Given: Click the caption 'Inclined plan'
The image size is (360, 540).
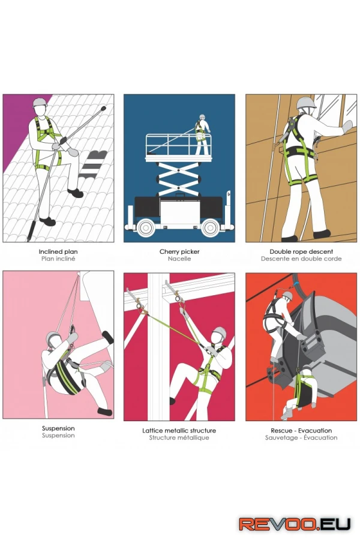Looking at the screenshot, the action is [58, 252].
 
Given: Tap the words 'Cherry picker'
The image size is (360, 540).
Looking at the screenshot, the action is [179, 252].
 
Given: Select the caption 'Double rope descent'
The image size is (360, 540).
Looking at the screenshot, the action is [301, 252].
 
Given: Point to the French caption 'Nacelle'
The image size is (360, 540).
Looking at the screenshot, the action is [179, 259].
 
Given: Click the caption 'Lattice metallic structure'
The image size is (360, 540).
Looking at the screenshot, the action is [179, 430].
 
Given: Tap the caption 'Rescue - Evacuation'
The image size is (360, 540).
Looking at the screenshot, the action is [301, 430].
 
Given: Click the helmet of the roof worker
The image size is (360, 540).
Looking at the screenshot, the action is [40, 102].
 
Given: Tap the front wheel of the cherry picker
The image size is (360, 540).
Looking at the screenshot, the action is [210, 227].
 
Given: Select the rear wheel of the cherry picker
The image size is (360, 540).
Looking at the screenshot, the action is [145, 227].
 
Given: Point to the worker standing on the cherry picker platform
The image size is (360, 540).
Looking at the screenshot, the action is [202, 134].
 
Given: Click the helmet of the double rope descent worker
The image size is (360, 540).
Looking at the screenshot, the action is [306, 103].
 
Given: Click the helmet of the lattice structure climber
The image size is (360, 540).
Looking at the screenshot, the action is [220, 332].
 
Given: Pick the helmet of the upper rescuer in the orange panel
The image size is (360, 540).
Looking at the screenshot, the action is [287, 295].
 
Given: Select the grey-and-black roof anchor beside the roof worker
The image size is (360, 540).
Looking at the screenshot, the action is [94, 164].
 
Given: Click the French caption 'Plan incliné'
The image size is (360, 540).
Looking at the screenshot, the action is [58, 259].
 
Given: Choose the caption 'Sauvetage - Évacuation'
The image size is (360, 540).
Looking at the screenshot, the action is [301, 438].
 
